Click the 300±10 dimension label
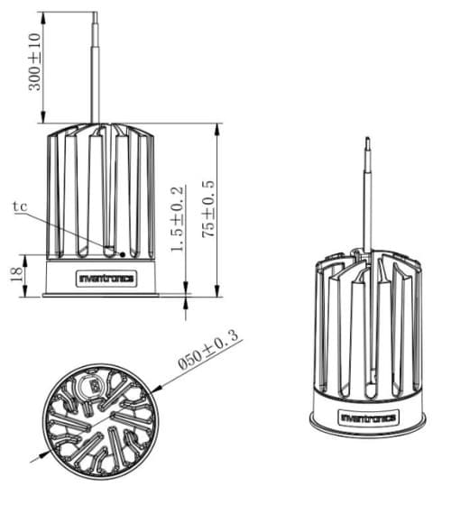(x=34, y=61)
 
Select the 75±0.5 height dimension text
(x=208, y=208)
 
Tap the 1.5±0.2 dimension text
(x=177, y=219)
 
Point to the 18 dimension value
(x=16, y=274)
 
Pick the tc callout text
(x=20, y=206)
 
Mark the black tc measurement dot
(x=123, y=254)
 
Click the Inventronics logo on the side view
(x=106, y=279)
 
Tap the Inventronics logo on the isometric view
(x=369, y=417)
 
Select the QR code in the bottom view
(x=93, y=386)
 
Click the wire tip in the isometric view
(x=367, y=139)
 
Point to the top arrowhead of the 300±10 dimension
(x=43, y=18)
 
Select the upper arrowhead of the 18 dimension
(x=25, y=261)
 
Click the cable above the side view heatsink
(x=95, y=68)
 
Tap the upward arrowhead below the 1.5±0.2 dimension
(x=186, y=302)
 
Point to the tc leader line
(x=71, y=233)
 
